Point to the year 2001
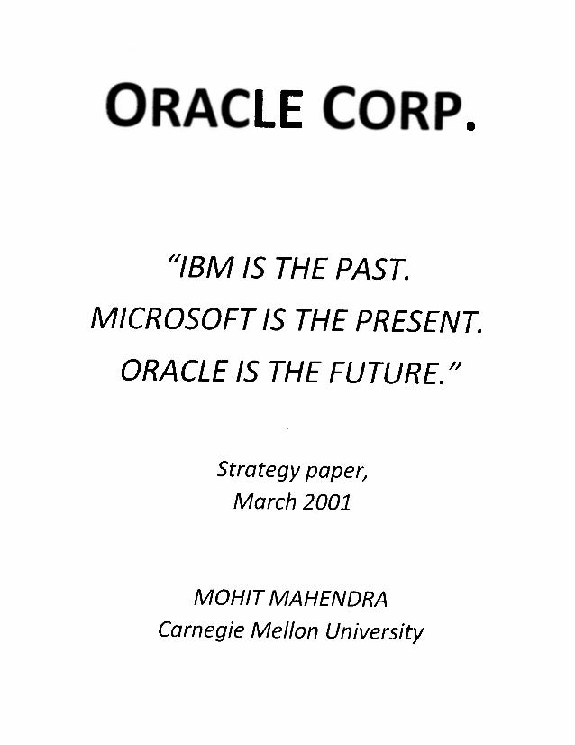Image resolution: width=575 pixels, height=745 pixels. point(327,501)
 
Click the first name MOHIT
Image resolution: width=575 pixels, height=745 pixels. point(224,598)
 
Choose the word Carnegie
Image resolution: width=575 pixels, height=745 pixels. point(194,630)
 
